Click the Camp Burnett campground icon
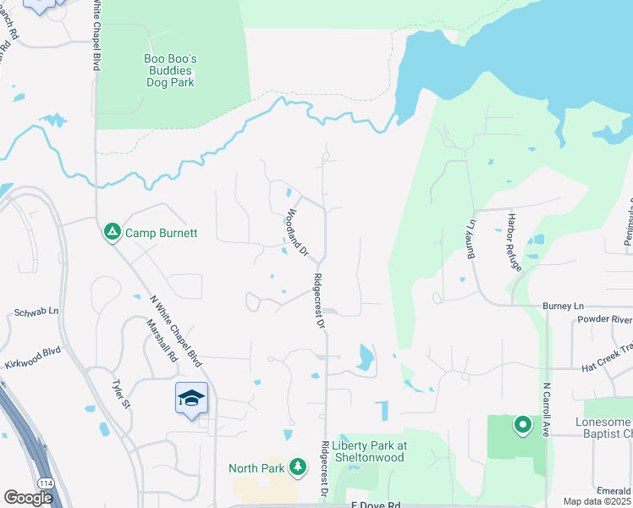pos(112,231)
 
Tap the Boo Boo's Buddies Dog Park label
pos(169,70)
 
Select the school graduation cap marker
pos(191,398)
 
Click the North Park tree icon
pos(297,466)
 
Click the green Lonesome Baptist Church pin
pos(522,424)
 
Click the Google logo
pos(27,498)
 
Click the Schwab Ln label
pos(35,312)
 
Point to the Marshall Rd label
pos(161,341)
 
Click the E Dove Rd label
pos(376,505)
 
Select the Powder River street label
pos(604,319)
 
